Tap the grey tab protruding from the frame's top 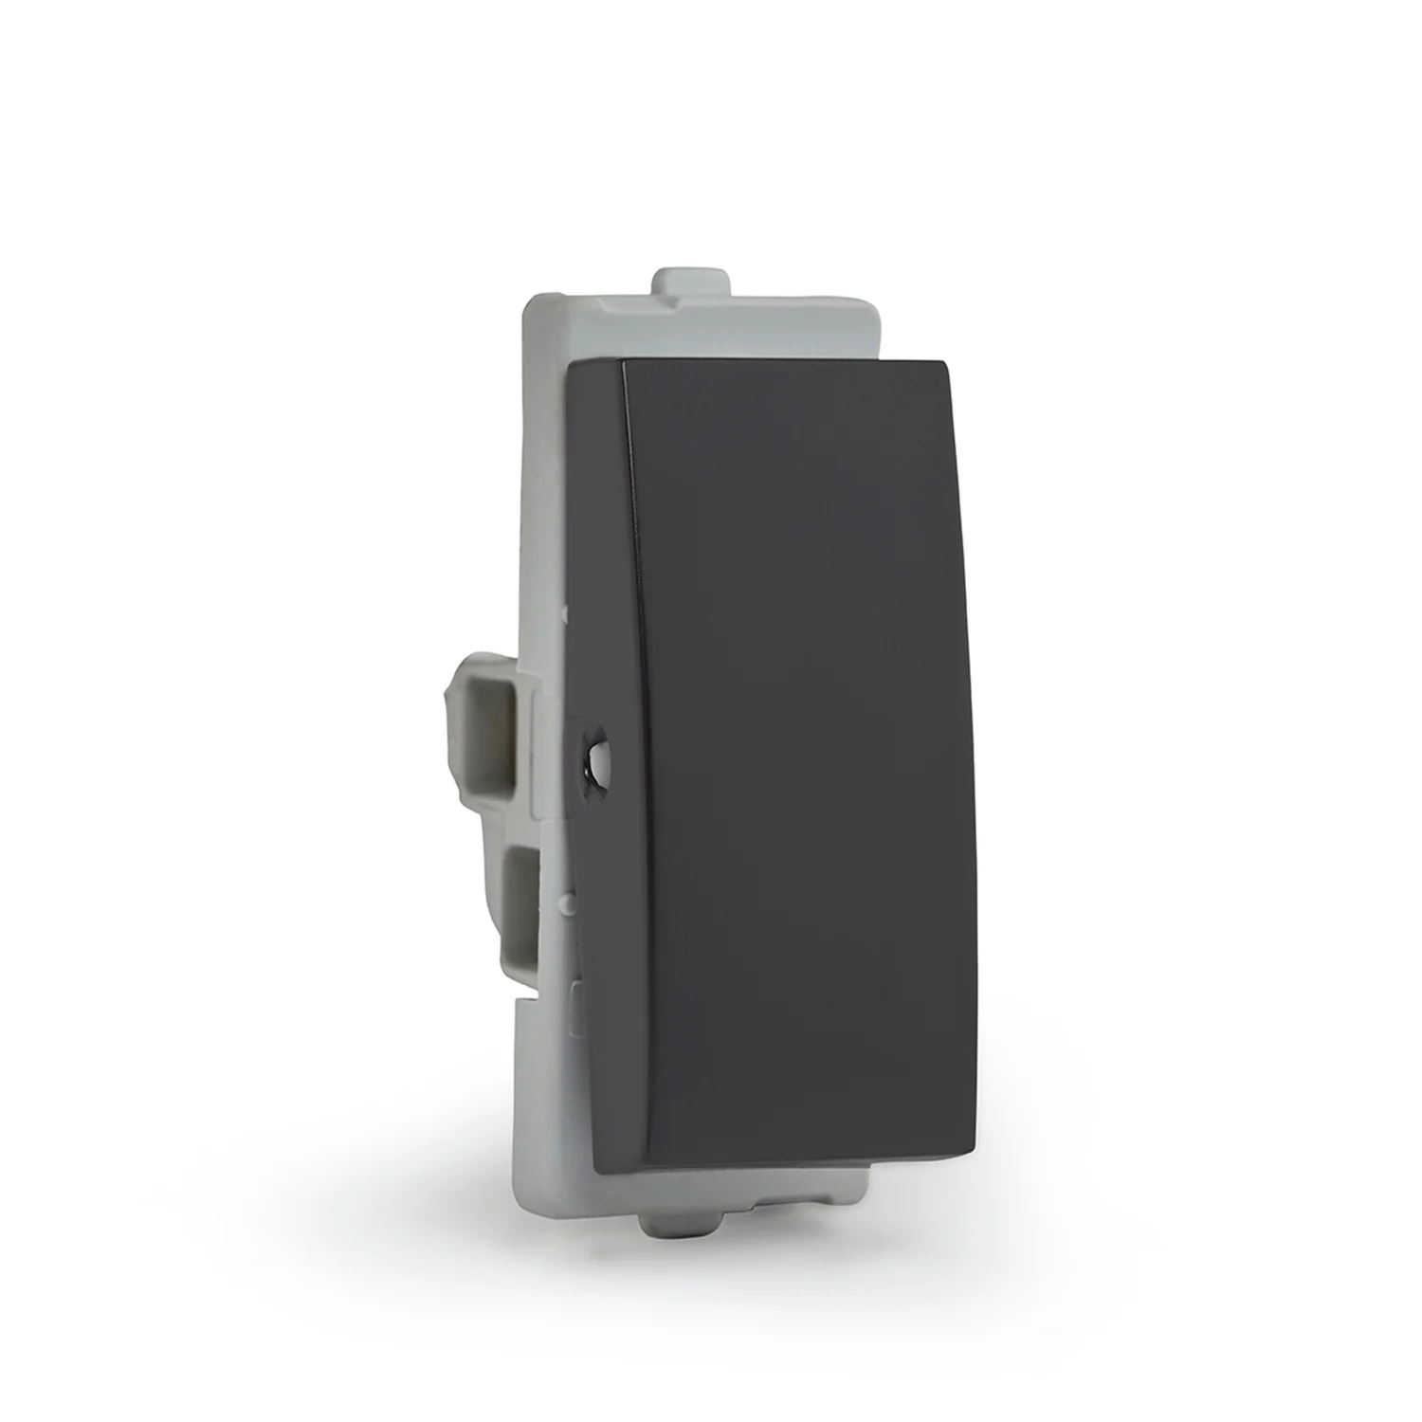691,284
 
